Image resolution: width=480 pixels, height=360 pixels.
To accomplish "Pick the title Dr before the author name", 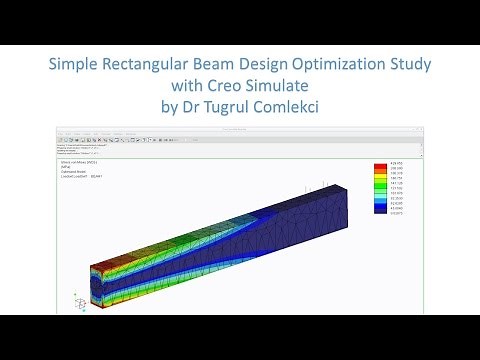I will coord(177,108).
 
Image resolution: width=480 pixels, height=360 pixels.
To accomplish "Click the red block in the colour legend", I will coord(380,168).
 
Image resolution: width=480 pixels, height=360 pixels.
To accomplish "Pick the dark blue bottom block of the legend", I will coord(380,209).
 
